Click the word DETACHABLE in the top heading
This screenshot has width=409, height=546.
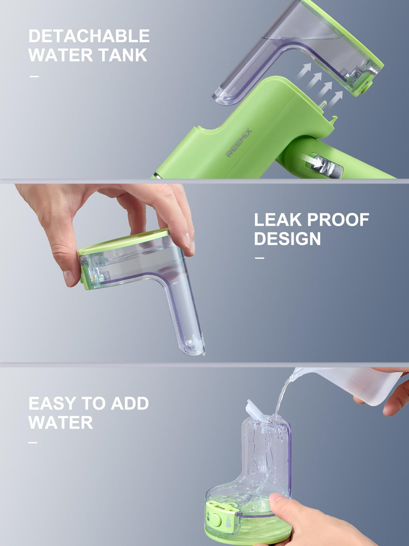(x=89, y=36)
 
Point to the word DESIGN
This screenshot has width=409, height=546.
(x=287, y=239)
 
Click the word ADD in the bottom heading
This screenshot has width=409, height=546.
(x=130, y=403)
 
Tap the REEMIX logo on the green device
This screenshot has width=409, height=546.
(x=239, y=143)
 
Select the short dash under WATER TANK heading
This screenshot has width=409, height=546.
(x=34, y=76)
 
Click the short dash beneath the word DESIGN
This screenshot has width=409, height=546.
(x=259, y=258)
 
